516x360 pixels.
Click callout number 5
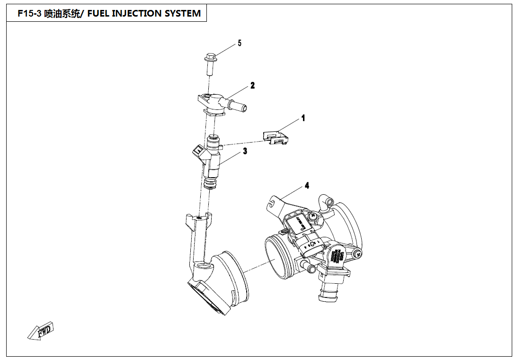tap(240, 43)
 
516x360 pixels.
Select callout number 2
tap(253, 86)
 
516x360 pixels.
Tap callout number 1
tap(303, 118)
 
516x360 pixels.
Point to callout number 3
tap(245, 152)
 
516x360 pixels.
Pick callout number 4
tap(307, 186)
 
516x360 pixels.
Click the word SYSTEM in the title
tap(183, 14)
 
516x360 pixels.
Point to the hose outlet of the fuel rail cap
tap(239, 105)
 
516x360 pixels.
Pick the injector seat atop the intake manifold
tap(199, 219)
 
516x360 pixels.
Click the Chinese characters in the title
tap(62, 14)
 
